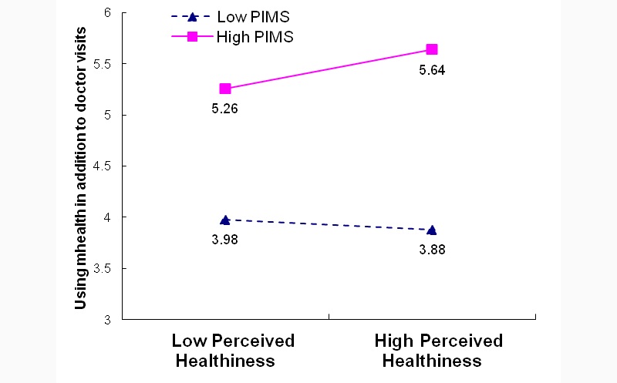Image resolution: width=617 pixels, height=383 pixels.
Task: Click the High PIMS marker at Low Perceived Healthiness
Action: pyautogui.click(x=225, y=89)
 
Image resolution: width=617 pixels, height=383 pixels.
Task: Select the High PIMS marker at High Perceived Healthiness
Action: pyautogui.click(x=432, y=49)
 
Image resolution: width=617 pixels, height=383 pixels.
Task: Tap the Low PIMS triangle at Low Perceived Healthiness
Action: pyautogui.click(x=225, y=220)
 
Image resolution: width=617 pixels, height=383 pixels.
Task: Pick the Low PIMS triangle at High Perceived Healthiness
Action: pyautogui.click(x=432, y=230)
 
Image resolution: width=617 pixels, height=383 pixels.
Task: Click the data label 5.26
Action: pyautogui.click(x=224, y=109)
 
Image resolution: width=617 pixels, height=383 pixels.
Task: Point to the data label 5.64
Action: pyautogui.click(x=432, y=70)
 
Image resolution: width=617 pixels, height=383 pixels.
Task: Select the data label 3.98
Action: pyautogui.click(x=224, y=239)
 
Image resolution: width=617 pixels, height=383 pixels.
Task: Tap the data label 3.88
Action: pyautogui.click(x=432, y=249)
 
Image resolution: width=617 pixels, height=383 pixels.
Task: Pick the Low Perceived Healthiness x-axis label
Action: pyautogui.click(x=232, y=351)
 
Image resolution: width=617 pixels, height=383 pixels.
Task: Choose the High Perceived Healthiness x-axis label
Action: pyautogui.click(x=438, y=351)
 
